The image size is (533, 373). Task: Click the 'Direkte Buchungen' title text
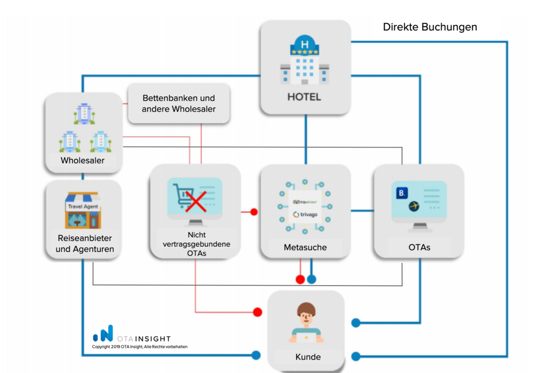pyautogui.click(x=430, y=27)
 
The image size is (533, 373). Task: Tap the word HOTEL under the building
pyautogui.click(x=304, y=97)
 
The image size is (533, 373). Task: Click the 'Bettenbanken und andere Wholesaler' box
pyautogui.click(x=178, y=104)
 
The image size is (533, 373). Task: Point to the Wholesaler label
pyautogui.click(x=82, y=160)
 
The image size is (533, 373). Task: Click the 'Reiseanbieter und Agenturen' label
pyautogui.click(x=84, y=243)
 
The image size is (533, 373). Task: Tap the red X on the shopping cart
pyautogui.click(x=195, y=201)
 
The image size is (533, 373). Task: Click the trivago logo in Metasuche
pyautogui.click(x=305, y=214)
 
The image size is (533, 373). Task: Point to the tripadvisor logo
pyautogui.click(x=305, y=202)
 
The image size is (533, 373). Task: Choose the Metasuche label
pyautogui.click(x=305, y=247)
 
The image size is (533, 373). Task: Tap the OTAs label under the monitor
pyautogui.click(x=419, y=247)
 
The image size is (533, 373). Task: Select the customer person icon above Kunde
pyautogui.click(x=306, y=322)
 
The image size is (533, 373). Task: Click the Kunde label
pyautogui.click(x=308, y=357)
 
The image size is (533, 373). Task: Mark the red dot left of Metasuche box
pyautogui.click(x=254, y=212)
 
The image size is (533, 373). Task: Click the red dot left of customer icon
pyautogui.click(x=258, y=312)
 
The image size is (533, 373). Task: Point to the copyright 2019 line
pyautogui.click(x=140, y=347)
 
